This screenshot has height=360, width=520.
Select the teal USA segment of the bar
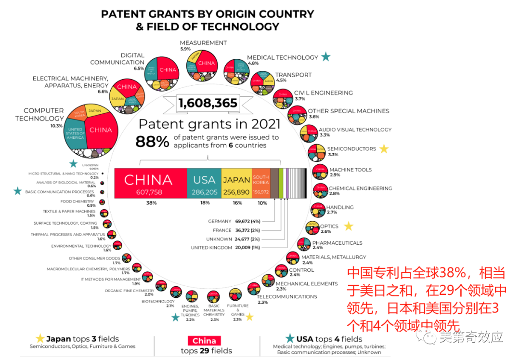click(x=204, y=183)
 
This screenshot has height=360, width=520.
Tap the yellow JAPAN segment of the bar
click(x=236, y=183)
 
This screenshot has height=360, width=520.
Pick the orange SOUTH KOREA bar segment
click(x=261, y=183)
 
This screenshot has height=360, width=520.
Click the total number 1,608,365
click(x=208, y=103)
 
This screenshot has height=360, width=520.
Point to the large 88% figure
click(x=152, y=141)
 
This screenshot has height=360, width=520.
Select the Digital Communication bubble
click(x=162, y=73)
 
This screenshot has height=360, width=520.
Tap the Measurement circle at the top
click(x=203, y=65)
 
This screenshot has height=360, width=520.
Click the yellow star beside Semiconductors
click(x=384, y=149)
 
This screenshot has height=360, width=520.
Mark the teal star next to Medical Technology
click(x=326, y=57)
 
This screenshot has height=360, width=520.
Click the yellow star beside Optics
click(x=349, y=226)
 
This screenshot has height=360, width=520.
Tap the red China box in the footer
click(x=205, y=341)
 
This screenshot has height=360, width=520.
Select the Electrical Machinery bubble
click(x=127, y=93)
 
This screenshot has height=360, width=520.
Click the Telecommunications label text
click(x=287, y=297)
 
